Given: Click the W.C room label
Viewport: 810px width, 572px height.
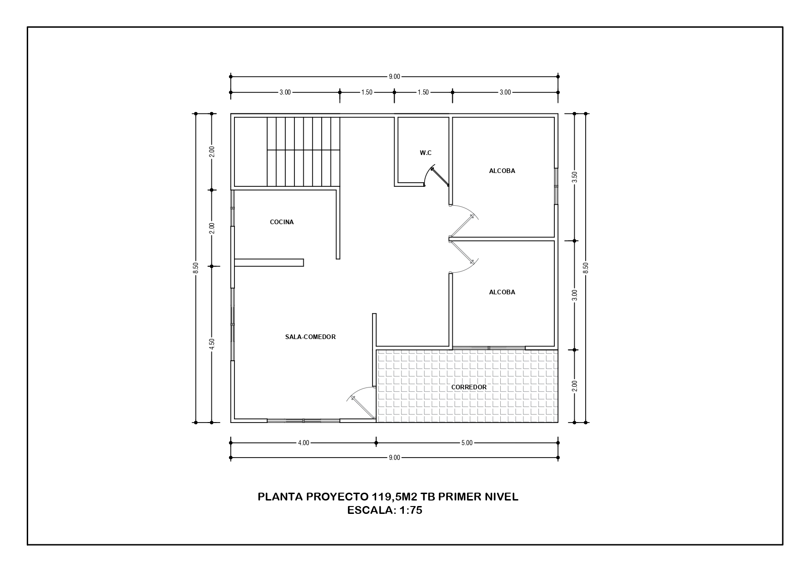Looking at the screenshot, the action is point(426,153).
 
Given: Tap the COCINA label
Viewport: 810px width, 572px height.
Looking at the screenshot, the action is point(282,222).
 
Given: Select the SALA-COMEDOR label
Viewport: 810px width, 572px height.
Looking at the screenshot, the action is point(310,337).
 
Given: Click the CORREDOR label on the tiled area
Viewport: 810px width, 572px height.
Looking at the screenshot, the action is point(469,387).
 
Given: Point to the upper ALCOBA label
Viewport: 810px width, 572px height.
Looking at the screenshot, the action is point(502,171).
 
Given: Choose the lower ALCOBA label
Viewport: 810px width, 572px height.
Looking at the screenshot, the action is point(502,292).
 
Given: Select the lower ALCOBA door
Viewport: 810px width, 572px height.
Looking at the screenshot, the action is point(464,256).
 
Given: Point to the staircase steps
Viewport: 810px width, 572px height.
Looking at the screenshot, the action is point(303,152).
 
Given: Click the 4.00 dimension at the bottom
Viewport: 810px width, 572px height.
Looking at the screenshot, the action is point(303,443).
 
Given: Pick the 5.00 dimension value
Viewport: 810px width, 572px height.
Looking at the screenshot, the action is point(467,443).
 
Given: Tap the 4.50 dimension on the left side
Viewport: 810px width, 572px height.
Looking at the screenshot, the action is point(212,344).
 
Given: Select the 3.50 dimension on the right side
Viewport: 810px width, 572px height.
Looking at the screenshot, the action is point(575,177).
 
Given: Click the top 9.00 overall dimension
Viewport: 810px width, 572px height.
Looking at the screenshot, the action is point(394,77).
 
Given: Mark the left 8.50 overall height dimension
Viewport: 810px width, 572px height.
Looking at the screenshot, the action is point(196,268).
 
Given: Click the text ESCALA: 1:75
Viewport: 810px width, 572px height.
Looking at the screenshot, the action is point(385,510).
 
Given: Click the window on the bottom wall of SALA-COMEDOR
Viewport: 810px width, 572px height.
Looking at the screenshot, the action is point(303,420).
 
